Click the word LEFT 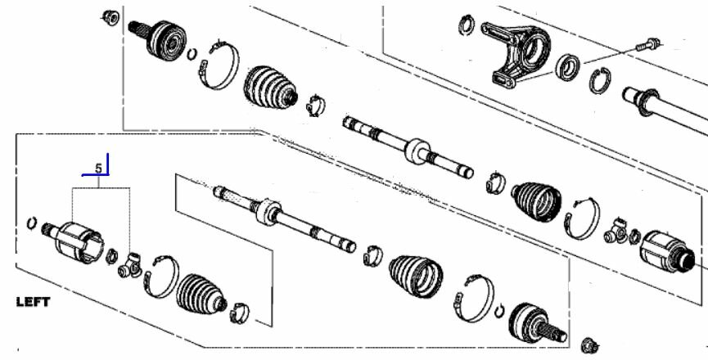[x=33, y=302]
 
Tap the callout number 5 [x=99, y=169]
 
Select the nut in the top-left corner [x=110, y=18]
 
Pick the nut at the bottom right [x=589, y=345]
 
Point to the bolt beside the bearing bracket [x=648, y=45]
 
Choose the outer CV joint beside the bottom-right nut [x=536, y=323]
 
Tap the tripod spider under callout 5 [x=129, y=266]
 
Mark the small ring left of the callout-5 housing [x=32, y=223]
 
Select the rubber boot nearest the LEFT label [x=201, y=294]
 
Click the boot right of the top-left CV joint [x=270, y=88]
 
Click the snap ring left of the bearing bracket [x=467, y=25]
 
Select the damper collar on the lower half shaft [x=268, y=212]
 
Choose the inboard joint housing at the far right [x=667, y=252]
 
